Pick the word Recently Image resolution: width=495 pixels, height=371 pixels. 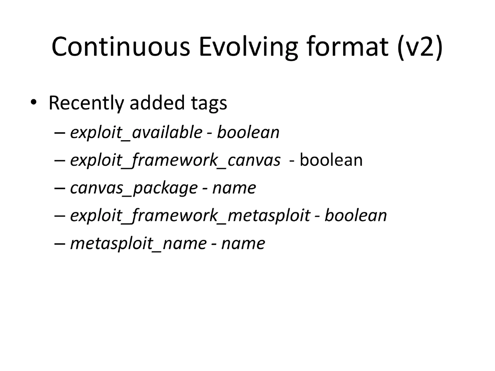[85, 103]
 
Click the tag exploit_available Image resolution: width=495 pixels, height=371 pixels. [136, 132]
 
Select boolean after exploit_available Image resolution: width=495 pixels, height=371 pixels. [248, 132]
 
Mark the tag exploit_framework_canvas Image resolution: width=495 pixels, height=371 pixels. [175, 160]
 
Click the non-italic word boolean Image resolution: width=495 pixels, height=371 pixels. [331, 160]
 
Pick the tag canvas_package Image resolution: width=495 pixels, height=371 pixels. [134, 188]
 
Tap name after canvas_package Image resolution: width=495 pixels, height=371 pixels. [234, 188]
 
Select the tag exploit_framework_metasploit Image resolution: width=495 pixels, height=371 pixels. [190, 216]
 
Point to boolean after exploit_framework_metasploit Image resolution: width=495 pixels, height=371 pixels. [356, 216]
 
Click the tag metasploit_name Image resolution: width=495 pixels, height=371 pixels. [138, 243]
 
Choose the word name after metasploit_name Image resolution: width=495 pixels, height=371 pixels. [243, 243]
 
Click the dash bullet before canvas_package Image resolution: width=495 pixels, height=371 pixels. [59, 188]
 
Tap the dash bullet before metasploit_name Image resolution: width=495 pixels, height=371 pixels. [59, 244]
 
